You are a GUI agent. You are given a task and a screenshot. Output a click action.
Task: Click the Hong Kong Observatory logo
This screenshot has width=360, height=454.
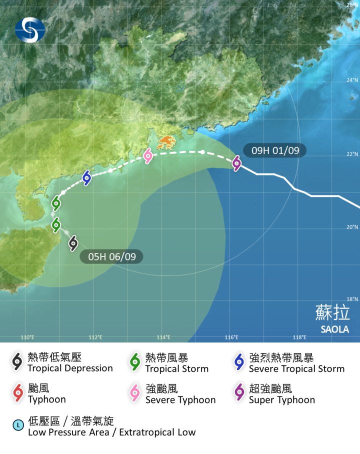click(29, 29)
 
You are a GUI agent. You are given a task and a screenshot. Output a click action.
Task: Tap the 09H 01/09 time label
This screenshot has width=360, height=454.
click(274, 150)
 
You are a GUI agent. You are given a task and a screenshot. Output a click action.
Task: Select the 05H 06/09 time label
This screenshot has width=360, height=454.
click(111, 256)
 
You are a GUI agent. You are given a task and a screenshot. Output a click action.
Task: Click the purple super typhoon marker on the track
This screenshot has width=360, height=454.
click(236, 162)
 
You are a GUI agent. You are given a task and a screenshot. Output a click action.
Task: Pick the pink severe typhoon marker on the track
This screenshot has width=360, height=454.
click(147, 156)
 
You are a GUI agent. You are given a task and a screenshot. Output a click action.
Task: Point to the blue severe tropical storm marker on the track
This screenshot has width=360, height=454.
click(86, 177)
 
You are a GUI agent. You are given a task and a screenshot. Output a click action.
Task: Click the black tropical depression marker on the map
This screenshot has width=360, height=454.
click(73, 243)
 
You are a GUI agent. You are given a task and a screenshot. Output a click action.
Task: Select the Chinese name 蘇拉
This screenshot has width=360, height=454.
click(332, 312)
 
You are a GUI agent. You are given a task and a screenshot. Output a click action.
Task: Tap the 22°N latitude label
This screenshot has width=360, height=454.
click(352, 154)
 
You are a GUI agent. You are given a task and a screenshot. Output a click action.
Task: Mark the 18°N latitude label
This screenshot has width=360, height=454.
click(352, 299)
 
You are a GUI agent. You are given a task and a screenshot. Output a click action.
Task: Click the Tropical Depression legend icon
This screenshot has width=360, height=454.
click(17, 362)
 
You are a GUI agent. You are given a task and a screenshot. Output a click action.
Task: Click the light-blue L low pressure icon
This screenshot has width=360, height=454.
click(18, 426)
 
